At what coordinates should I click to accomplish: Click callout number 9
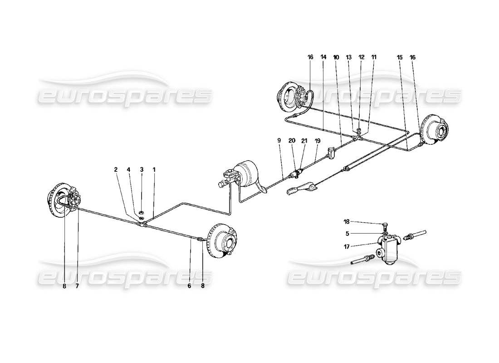[279, 141]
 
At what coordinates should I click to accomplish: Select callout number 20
[292, 141]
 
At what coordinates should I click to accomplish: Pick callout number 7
[77, 286]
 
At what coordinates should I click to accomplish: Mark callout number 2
[116, 169]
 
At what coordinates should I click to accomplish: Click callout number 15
[400, 58]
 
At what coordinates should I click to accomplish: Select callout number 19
[318, 141]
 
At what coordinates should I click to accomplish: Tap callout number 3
[142, 169]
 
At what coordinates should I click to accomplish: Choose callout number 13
[349, 58]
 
